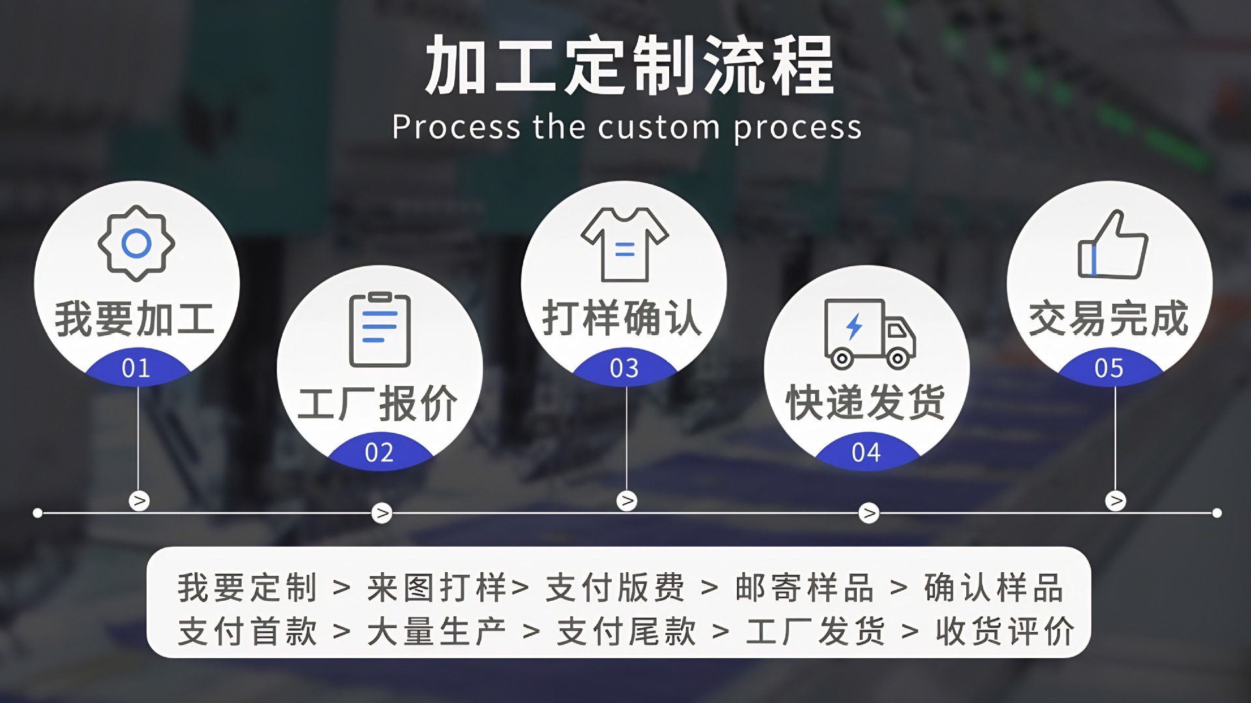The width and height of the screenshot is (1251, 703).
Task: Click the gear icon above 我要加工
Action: pos(136,244)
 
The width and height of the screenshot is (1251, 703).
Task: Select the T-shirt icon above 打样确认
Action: pos(624,245)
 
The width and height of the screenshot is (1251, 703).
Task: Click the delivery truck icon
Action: pos(869,333)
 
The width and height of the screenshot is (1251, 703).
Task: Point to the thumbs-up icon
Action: pos(1112,245)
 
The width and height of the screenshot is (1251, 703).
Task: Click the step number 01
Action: pos(136,368)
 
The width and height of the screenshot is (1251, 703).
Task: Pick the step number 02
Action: pos(379,452)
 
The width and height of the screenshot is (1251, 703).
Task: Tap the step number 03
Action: pos(624,368)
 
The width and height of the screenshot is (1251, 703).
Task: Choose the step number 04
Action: pos(866,452)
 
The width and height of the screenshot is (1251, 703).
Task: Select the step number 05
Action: pos(1109,368)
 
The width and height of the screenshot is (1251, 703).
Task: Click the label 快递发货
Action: pos(866,402)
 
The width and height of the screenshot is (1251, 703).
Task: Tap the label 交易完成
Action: pos(1109,319)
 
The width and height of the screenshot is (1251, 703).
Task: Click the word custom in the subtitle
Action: pos(659,127)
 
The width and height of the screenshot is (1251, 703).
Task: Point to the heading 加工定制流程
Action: pos(629,65)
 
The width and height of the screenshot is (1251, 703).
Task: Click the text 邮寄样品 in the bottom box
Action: pos(805,588)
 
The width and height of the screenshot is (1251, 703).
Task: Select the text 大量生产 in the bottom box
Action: pos(437,631)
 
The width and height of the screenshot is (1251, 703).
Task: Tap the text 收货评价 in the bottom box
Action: pos(1005,631)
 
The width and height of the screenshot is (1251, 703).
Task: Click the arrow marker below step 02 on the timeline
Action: pos(382,513)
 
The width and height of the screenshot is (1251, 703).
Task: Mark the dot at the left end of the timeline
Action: pos(38,513)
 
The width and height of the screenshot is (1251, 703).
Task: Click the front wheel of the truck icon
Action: pos(898,357)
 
